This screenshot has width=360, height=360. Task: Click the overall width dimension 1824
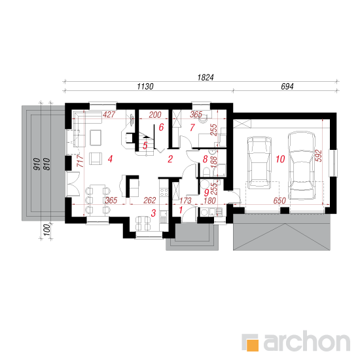(206, 77)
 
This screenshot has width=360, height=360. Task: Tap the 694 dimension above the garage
(287, 86)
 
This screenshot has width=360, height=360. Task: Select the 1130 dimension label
(145, 86)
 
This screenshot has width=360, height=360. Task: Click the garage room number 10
(280, 159)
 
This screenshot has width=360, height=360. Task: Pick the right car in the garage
(302, 166)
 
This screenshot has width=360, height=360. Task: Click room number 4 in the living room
(110, 159)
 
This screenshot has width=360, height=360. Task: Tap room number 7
(192, 128)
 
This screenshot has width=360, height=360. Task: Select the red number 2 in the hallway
(170, 159)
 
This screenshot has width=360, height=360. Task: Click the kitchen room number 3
(153, 213)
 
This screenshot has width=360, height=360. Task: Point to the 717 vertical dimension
(80, 160)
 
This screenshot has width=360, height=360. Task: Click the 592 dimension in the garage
(319, 156)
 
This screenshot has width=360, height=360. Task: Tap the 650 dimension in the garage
(279, 201)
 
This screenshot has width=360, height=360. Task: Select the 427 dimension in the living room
(109, 115)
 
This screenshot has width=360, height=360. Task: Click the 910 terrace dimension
(37, 164)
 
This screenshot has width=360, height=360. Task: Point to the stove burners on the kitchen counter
(164, 192)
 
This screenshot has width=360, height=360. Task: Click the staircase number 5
(145, 145)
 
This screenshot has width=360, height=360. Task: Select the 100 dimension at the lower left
(46, 230)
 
